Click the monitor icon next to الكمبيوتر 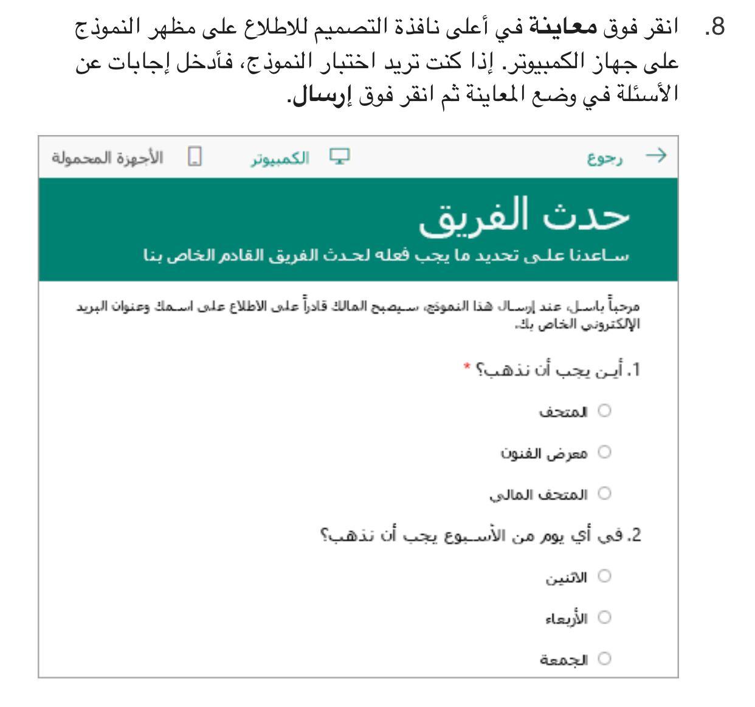pos(336,157)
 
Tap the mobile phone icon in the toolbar pos(195,158)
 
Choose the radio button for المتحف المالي pos(604,493)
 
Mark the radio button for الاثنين pos(604,576)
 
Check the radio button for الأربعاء pos(604,618)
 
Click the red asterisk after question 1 pos(466,367)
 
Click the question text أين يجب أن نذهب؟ pos(559,370)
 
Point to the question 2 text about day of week pos(483,536)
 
